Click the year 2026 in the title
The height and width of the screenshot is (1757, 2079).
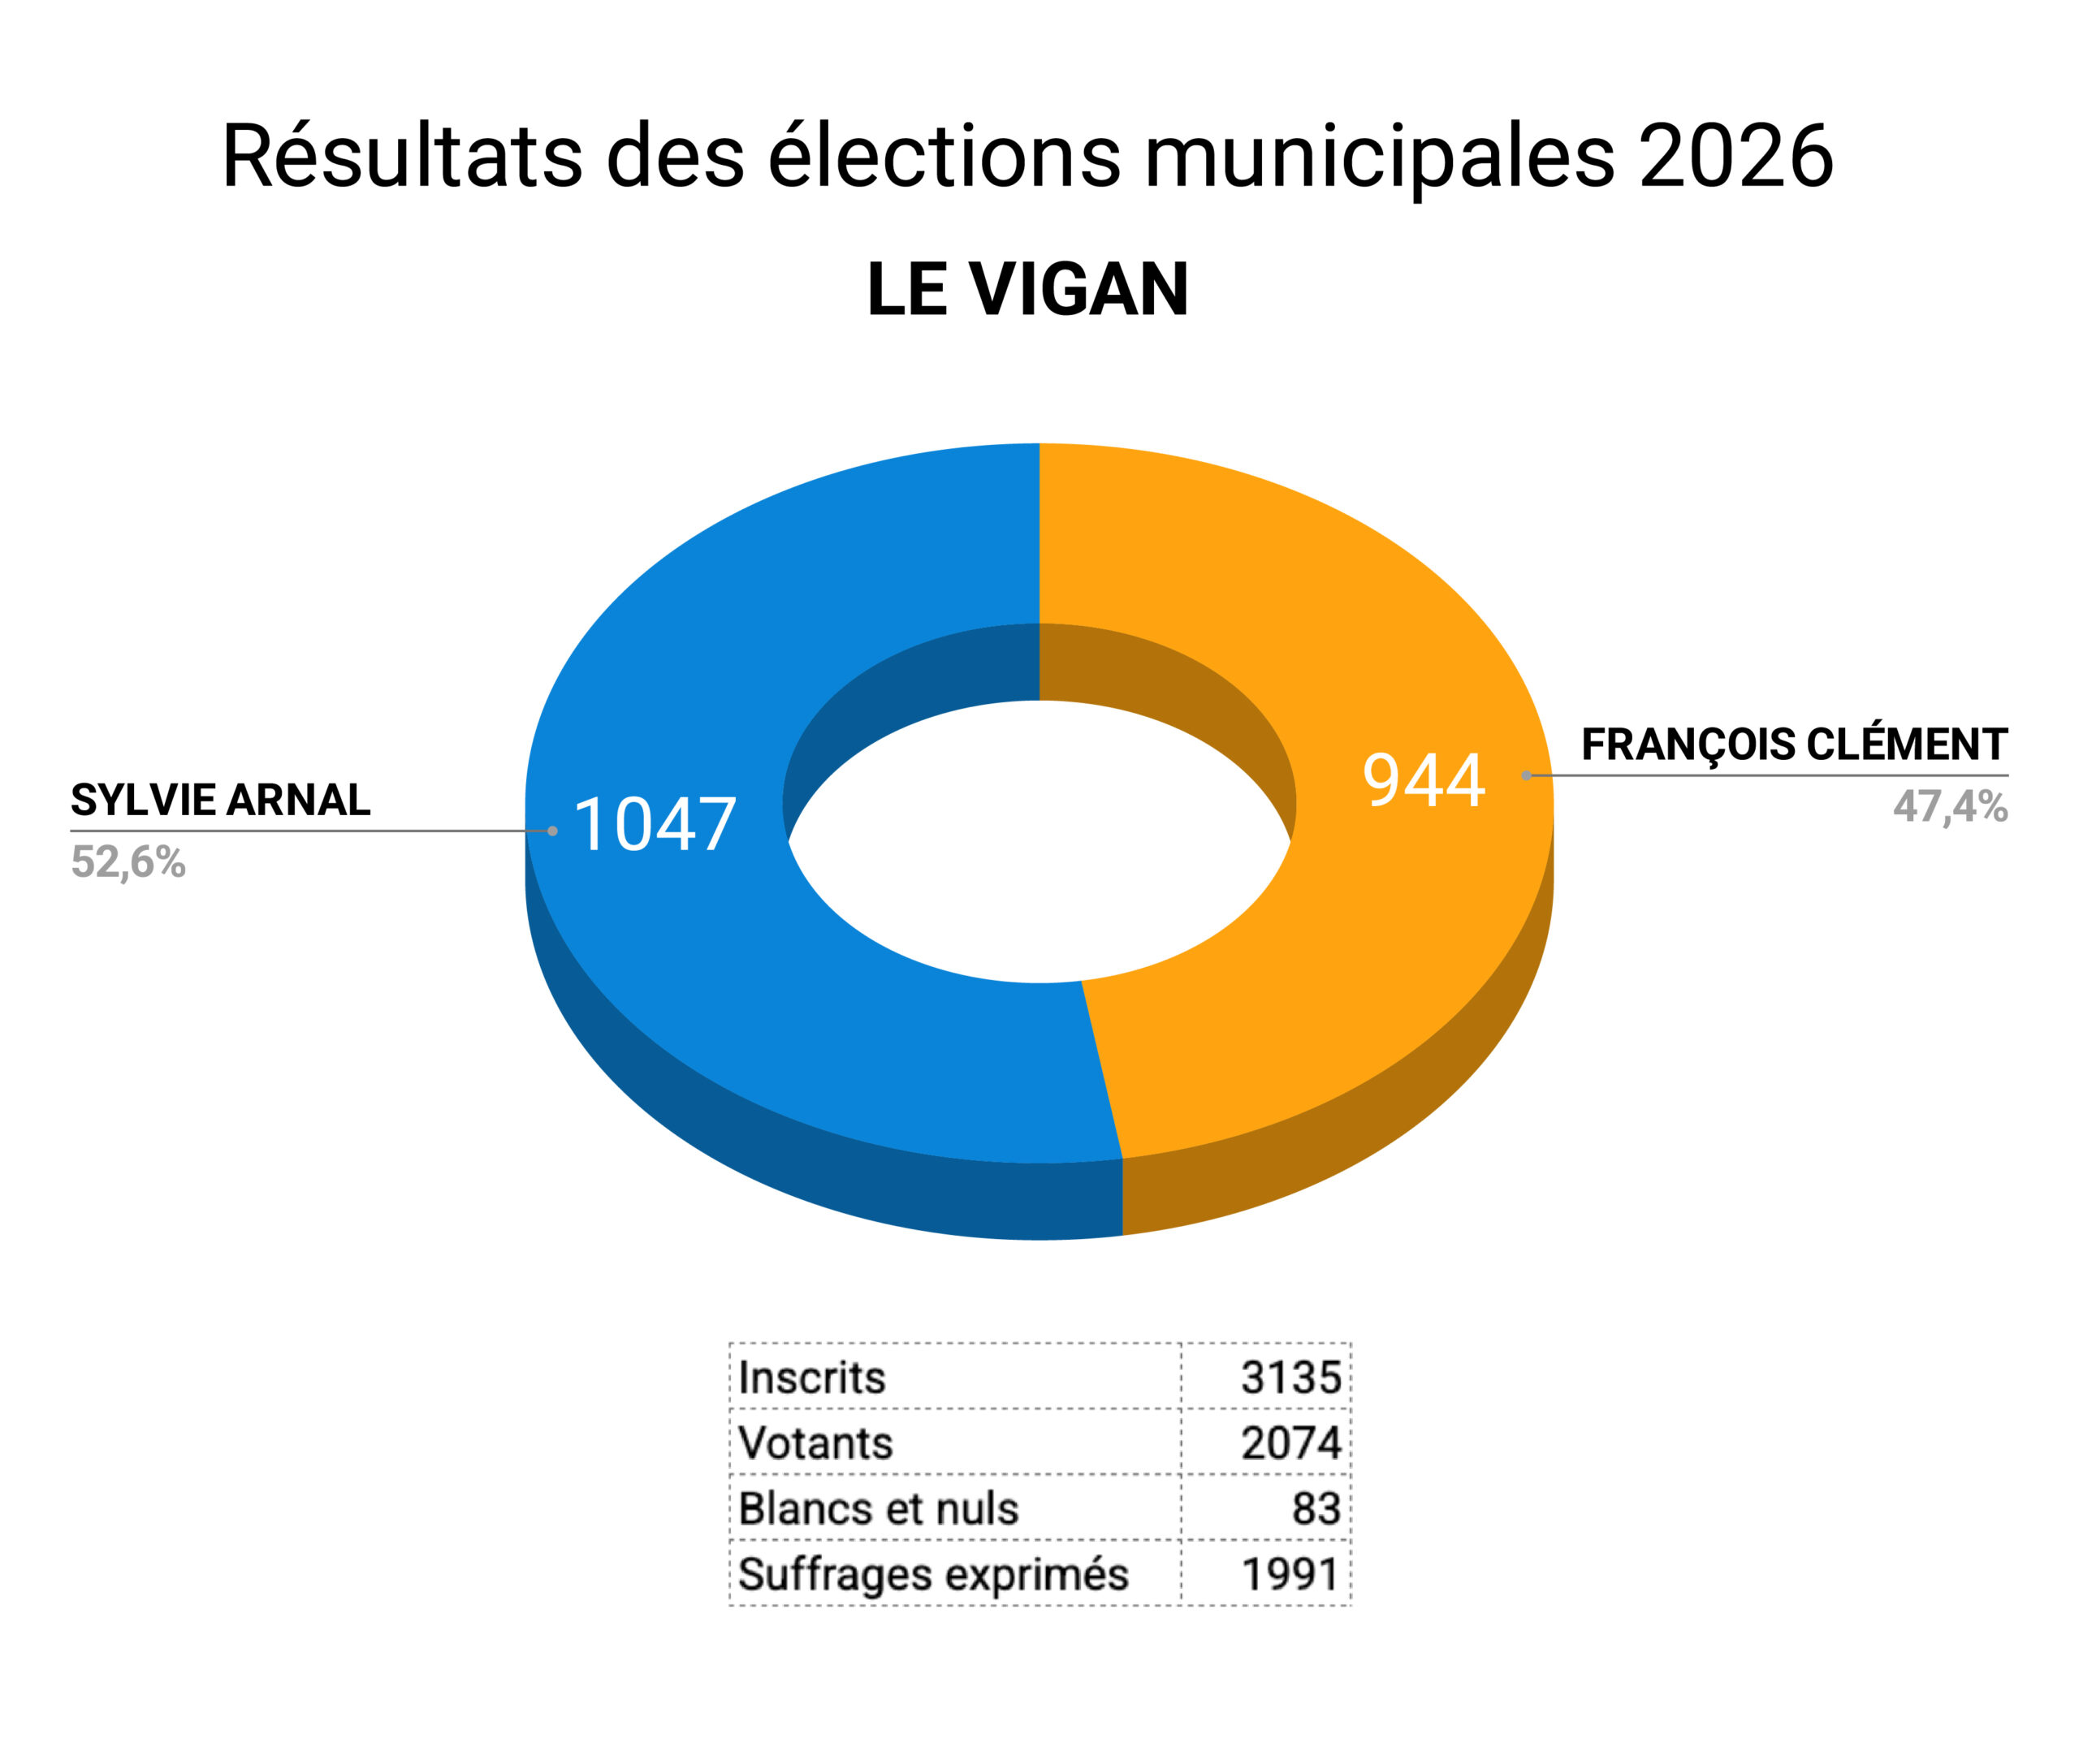coord(1735,157)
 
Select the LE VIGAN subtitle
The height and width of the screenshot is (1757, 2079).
coord(1027,290)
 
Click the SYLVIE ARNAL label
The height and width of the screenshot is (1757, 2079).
coord(220,800)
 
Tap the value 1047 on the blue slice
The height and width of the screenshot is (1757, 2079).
coord(655,826)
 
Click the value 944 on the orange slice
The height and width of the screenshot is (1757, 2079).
coord(1424,780)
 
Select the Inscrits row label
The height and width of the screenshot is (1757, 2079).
coord(812,1379)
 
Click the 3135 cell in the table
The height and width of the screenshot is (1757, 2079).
coord(1291,1379)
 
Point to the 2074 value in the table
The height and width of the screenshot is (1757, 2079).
coord(1291,1444)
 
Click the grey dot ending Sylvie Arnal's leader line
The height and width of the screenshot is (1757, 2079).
coord(553,831)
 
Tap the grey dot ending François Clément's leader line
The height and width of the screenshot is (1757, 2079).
coord(1526,775)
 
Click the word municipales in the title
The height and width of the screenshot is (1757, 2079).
coord(1379,157)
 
